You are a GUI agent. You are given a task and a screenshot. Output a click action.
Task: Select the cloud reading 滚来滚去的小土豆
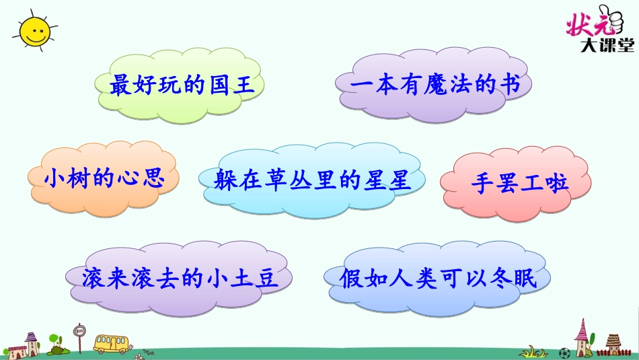[180, 278]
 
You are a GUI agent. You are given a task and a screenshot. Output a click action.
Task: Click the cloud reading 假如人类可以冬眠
[438, 278]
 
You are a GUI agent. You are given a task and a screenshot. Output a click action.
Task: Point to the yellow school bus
[111, 343]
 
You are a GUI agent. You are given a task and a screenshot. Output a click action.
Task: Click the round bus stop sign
[80, 330]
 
